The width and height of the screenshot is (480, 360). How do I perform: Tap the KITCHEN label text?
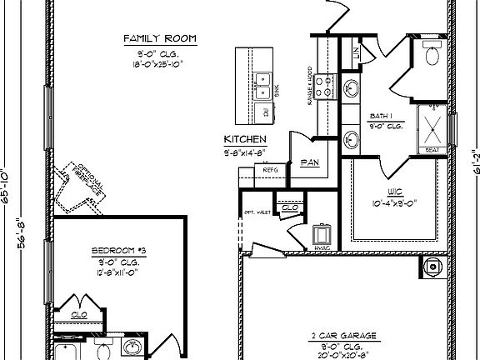pos(245,139)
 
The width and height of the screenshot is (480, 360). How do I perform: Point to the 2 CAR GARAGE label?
pos(344,337)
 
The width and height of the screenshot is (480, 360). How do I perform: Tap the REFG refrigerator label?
pos(270,170)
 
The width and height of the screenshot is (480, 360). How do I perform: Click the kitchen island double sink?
pos(263,82)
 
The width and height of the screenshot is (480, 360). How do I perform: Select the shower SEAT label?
pos(432,151)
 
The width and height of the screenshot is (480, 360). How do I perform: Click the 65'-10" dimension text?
pos(6,187)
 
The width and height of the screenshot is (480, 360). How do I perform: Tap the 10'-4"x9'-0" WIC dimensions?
pos(392,202)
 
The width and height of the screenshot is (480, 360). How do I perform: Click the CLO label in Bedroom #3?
pos(79,315)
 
